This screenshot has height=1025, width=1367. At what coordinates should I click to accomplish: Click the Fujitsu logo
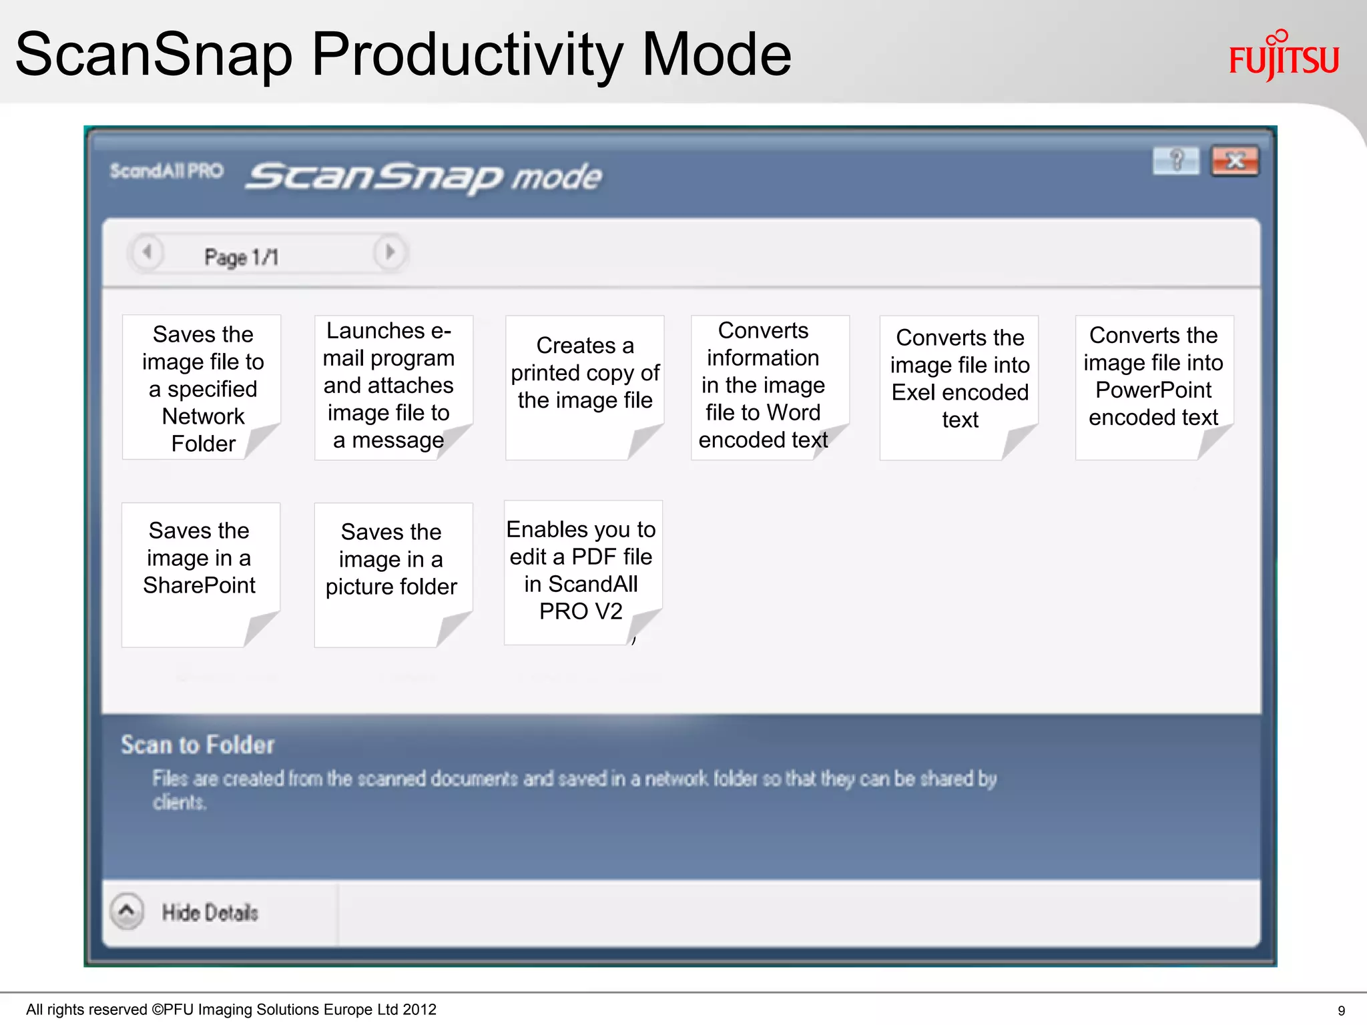pyautogui.click(x=1284, y=57)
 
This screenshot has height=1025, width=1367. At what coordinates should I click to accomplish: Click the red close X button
pyautogui.click(x=1235, y=161)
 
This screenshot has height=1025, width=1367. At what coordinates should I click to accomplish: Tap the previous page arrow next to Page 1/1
pyautogui.click(x=148, y=253)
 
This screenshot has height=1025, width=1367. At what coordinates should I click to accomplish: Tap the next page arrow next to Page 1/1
pyautogui.click(x=390, y=252)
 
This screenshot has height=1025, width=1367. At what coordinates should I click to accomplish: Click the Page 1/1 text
pyautogui.click(x=242, y=257)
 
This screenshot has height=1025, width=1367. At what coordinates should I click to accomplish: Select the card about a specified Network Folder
pyautogui.click(x=203, y=388)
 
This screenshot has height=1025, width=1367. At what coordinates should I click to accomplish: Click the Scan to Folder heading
pyautogui.click(x=198, y=745)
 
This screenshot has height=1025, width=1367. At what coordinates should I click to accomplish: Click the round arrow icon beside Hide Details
pyautogui.click(x=127, y=911)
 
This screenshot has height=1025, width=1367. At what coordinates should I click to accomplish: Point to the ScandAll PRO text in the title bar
pyautogui.click(x=166, y=172)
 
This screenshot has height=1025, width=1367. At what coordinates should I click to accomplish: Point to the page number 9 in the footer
pyautogui.click(x=1341, y=1011)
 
